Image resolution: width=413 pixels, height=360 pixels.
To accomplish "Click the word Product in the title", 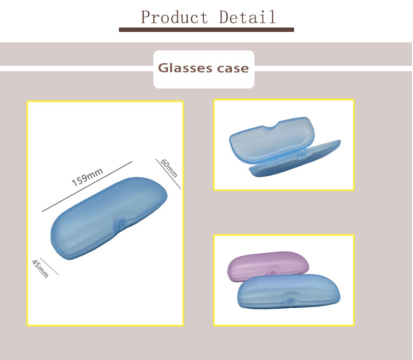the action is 175,17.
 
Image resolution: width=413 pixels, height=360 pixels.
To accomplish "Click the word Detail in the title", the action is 248,17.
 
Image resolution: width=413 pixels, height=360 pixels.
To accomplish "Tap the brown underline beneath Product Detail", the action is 206,30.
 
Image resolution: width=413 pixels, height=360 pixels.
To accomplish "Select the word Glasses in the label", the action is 185,68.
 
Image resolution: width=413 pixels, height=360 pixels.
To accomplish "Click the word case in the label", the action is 233,69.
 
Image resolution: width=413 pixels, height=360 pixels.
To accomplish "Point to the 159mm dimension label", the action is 87,177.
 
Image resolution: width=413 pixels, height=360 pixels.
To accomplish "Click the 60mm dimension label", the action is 169,168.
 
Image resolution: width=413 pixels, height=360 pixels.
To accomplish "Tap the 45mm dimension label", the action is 40,269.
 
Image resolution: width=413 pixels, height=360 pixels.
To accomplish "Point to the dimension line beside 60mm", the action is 168,174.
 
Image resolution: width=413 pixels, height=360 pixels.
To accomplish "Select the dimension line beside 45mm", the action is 49,266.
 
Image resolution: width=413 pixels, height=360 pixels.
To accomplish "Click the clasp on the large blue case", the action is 121,223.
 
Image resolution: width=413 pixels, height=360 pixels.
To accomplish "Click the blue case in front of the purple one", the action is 289,292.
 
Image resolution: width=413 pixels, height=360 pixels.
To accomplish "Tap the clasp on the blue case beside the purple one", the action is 291,302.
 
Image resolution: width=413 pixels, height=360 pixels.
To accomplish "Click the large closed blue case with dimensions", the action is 109,219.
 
